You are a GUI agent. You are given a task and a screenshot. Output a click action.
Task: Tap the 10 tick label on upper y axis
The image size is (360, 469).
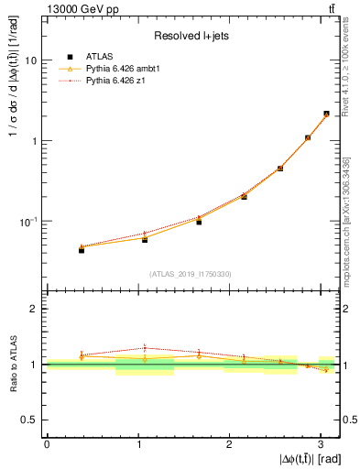click(x=30, y=60)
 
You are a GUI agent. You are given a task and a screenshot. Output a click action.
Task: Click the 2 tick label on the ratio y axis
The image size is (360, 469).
click(x=33, y=310)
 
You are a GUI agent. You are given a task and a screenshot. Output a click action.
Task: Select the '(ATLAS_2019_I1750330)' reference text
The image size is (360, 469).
click(x=191, y=274)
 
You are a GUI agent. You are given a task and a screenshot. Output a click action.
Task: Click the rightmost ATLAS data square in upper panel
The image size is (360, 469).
click(x=326, y=115)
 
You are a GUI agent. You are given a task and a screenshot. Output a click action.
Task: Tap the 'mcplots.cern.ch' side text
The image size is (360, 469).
click(x=351, y=243)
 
